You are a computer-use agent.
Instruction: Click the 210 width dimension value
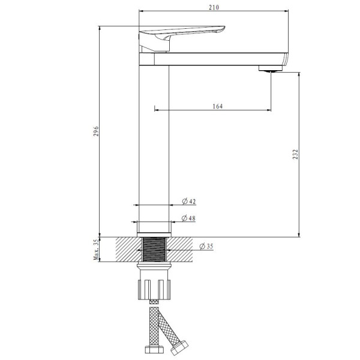(x=214, y=7)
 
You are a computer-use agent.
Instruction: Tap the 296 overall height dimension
(x=96, y=131)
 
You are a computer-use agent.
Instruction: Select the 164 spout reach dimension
(x=217, y=106)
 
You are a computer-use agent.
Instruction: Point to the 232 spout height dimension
(x=295, y=154)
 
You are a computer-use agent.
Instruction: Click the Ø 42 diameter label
(x=189, y=201)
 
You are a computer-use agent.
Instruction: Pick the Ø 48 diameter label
(x=188, y=218)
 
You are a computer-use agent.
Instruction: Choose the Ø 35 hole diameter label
(x=206, y=247)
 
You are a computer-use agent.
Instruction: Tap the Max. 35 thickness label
(x=96, y=250)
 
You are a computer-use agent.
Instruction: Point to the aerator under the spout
(x=271, y=68)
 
